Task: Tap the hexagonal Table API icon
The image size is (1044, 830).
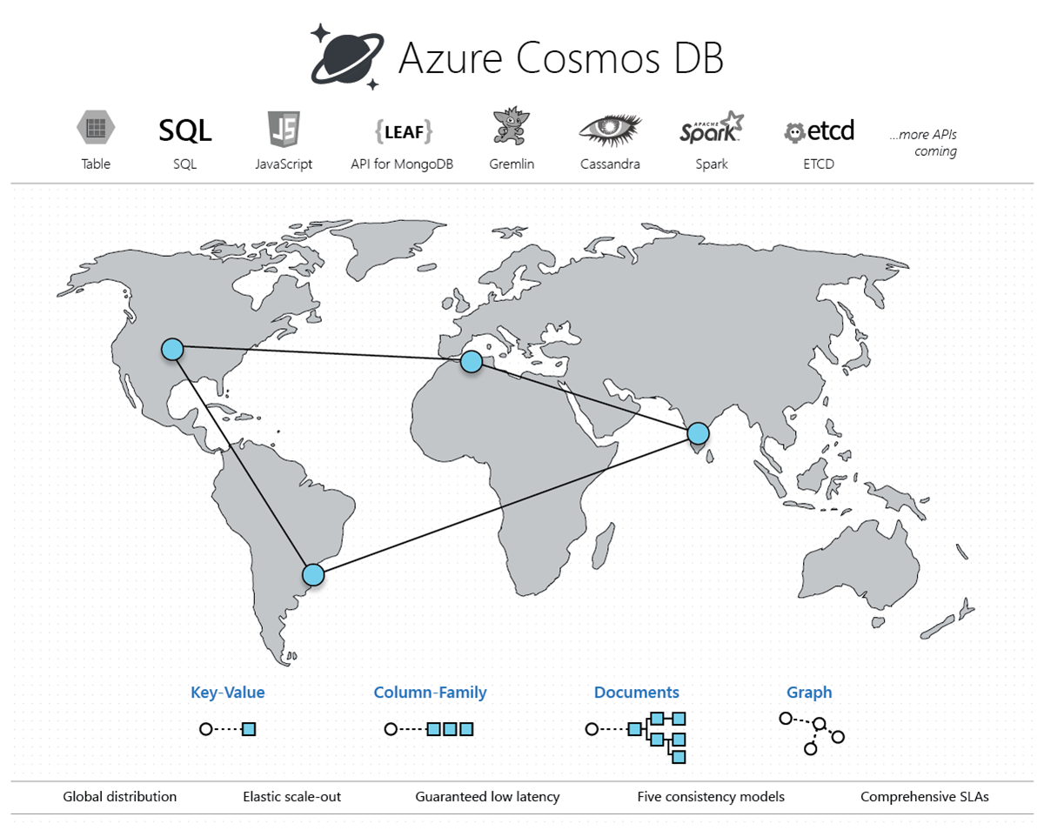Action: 96,129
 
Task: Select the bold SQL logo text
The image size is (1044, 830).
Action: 184,131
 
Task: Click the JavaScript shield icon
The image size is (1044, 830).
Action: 284,130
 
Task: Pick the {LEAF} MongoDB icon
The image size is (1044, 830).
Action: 403,131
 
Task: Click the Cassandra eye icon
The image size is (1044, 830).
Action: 610,130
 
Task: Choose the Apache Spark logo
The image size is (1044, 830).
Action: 712,128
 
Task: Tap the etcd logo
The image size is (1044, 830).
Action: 819,131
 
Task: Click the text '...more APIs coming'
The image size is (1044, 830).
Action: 923,144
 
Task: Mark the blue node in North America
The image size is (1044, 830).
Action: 172,349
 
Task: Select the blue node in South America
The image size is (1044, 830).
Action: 313,574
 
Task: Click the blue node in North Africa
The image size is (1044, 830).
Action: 471,361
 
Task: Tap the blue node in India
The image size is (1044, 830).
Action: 698,432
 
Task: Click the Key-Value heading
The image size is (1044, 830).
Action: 228,693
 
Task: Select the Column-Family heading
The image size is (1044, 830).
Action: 430,693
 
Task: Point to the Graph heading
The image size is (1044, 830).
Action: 809,693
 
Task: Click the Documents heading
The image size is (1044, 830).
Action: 637,693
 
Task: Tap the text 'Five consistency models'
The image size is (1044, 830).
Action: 711,796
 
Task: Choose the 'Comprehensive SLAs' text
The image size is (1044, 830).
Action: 925,796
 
